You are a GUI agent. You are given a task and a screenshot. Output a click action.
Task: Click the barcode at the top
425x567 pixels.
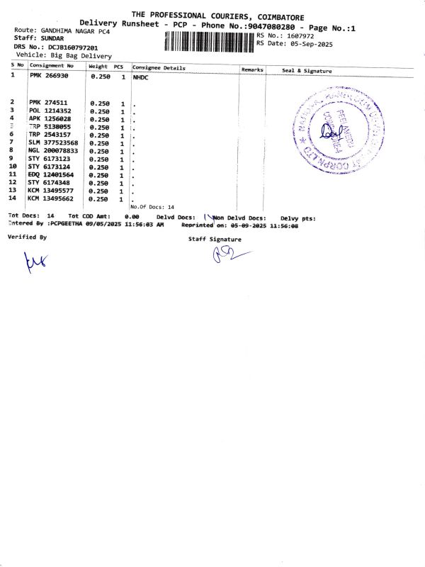(x=209, y=42)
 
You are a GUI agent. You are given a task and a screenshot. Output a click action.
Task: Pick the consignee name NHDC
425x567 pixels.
(x=140, y=77)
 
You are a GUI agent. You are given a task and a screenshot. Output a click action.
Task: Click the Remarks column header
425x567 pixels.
(x=252, y=69)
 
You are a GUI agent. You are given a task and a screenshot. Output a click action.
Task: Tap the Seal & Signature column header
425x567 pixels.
(x=307, y=71)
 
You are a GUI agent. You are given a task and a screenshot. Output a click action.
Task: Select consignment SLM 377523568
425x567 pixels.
(x=55, y=142)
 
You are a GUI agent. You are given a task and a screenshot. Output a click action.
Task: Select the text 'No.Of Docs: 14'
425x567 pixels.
(x=152, y=206)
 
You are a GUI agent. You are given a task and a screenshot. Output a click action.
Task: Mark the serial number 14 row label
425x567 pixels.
(x=12, y=198)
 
